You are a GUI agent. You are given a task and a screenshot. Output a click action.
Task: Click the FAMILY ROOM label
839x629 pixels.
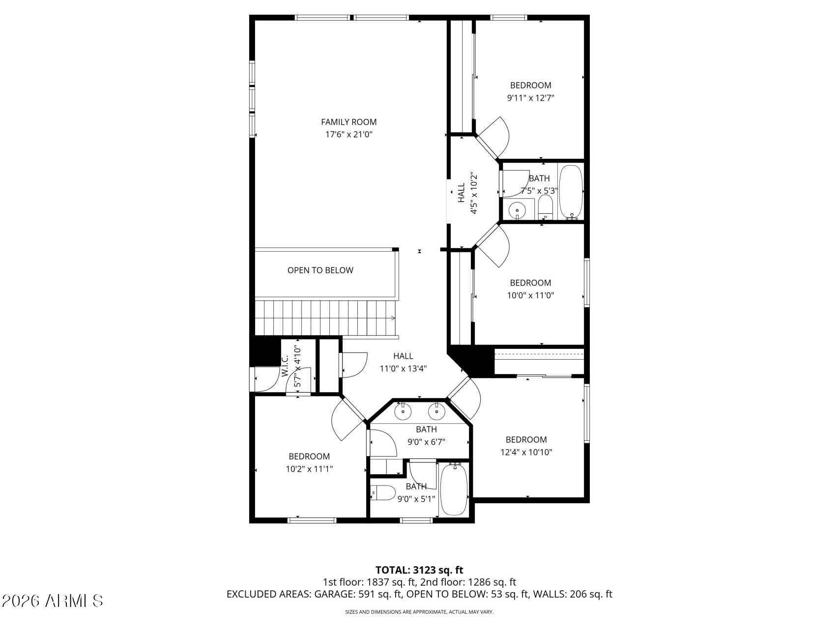click(349, 122)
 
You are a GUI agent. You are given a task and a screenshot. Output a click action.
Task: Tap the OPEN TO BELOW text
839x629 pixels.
click(320, 270)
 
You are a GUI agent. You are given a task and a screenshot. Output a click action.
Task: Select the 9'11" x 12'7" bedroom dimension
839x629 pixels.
click(531, 98)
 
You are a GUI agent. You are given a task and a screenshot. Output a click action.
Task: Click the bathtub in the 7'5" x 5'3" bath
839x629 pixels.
click(571, 192)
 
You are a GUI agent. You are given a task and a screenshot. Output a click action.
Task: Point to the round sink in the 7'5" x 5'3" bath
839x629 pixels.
click(517, 211)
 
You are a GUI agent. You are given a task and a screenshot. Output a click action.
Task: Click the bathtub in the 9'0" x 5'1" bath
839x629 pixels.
click(454, 489)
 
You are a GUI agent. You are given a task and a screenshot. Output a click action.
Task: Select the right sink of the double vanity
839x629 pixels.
click(436, 411)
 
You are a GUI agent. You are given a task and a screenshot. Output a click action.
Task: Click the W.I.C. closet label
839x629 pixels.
click(285, 366)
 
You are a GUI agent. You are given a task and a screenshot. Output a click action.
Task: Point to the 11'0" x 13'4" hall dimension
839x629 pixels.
click(403, 369)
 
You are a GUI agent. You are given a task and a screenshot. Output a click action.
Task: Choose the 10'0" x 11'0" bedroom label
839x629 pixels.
click(530, 283)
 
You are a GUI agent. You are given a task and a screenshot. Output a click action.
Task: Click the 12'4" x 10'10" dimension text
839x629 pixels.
click(526, 452)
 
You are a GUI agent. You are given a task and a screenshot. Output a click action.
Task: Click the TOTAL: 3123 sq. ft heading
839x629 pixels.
click(419, 570)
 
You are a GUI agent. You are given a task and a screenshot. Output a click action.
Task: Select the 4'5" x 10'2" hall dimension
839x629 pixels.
click(474, 193)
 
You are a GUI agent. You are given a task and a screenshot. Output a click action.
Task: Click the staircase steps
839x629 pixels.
click(325, 318)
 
